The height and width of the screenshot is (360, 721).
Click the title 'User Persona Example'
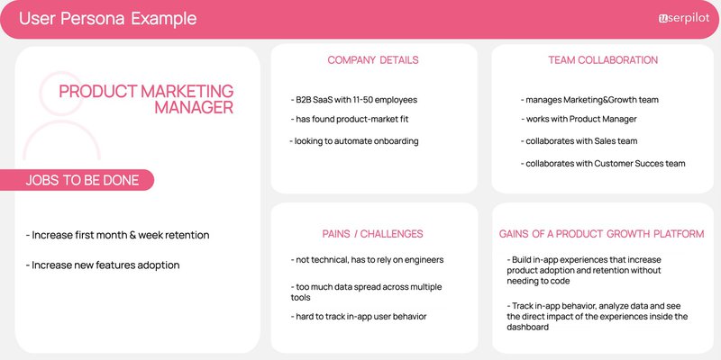point(107,19)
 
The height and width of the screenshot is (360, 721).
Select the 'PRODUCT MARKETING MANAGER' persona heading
point(146,99)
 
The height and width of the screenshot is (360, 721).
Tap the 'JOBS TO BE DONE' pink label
point(82,180)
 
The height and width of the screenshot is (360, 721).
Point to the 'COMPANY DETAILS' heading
point(372,60)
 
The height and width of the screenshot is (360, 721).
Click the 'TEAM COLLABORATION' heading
point(603,60)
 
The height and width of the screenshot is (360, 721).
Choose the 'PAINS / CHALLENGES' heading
point(372,234)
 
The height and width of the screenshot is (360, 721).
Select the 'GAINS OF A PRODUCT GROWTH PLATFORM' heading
point(601,234)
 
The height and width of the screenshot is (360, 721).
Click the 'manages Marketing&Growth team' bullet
point(590,100)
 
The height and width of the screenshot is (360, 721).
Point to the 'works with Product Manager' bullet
point(580,120)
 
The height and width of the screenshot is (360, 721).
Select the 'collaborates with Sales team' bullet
point(579,141)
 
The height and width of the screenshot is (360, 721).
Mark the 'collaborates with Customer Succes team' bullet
point(603,163)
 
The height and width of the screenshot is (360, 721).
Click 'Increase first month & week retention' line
point(117,235)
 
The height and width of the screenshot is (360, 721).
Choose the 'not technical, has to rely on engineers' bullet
point(367,260)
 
